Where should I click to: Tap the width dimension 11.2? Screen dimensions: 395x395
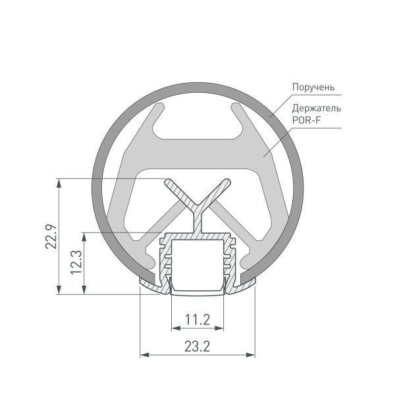tap(197, 320)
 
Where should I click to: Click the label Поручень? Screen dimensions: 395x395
tap(315, 87)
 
